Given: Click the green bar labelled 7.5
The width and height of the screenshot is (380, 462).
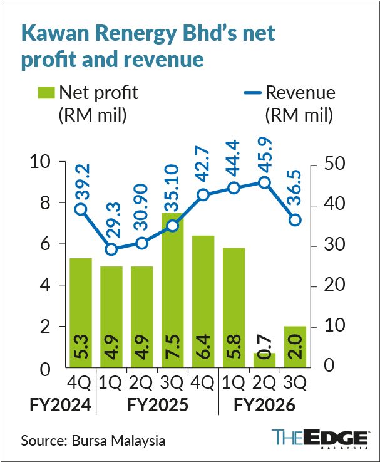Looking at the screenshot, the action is pos(173,290).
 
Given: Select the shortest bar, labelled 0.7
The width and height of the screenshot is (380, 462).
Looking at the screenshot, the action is pos(264,360).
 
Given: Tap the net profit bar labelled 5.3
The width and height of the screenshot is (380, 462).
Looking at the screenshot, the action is pos(81,313).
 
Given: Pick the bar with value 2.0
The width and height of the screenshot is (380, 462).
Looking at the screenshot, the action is pos(295,347).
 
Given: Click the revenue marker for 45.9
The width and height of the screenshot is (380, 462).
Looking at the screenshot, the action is pos(264,182).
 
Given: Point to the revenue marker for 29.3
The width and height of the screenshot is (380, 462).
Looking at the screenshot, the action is pos(111,249).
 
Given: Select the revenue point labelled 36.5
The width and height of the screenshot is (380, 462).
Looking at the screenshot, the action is pos(295,220).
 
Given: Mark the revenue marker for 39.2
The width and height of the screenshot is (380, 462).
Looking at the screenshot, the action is pos(81,209).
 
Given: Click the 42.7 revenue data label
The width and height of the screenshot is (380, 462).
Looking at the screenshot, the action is pos(203,166).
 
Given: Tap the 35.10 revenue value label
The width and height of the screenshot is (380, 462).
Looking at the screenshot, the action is pos(172,189).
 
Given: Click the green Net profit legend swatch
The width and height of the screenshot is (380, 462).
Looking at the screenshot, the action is pos(46,93).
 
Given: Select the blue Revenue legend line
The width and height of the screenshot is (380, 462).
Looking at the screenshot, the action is pos(252,93).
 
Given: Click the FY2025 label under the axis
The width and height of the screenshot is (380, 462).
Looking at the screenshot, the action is pos(158,405).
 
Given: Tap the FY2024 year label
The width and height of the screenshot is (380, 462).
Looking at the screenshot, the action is pos(60,405).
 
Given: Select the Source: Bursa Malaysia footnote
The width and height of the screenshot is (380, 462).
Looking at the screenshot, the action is pos(93,441).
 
